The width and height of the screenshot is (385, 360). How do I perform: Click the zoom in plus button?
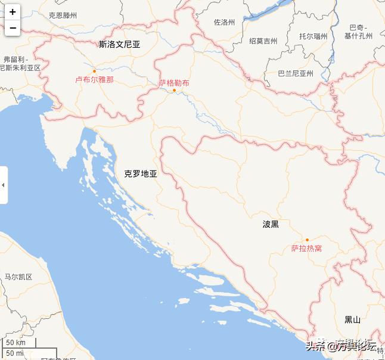point(13,12)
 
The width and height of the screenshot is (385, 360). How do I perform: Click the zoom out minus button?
point(13,27)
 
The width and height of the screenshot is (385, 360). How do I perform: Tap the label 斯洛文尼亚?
point(120,44)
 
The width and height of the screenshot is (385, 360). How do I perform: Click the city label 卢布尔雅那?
point(94,79)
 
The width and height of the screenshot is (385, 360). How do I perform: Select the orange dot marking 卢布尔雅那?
point(94,71)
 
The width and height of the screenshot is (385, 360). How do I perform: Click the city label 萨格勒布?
point(174,83)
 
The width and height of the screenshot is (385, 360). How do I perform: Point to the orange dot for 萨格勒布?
point(174,91)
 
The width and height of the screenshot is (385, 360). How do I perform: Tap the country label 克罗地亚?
point(141,174)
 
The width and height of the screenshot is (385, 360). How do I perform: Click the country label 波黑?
point(271,224)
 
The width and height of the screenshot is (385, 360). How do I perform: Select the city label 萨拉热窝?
point(307,248)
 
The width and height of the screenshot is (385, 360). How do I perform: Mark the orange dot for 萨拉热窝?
point(308,240)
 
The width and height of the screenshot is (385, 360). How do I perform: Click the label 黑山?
point(352,319)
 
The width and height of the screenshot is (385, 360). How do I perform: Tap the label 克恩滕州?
point(63,15)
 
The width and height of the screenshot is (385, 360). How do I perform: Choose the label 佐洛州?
point(224,23)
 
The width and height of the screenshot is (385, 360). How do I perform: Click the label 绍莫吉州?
point(263,41)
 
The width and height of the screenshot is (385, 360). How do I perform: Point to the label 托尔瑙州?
point(313,36)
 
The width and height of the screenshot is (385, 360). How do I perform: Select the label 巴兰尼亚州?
point(296,74)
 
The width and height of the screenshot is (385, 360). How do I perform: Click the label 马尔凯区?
point(18,277)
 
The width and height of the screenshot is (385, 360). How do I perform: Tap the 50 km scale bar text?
point(16,343)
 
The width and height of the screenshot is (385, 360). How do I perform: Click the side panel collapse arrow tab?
point(4,185)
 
